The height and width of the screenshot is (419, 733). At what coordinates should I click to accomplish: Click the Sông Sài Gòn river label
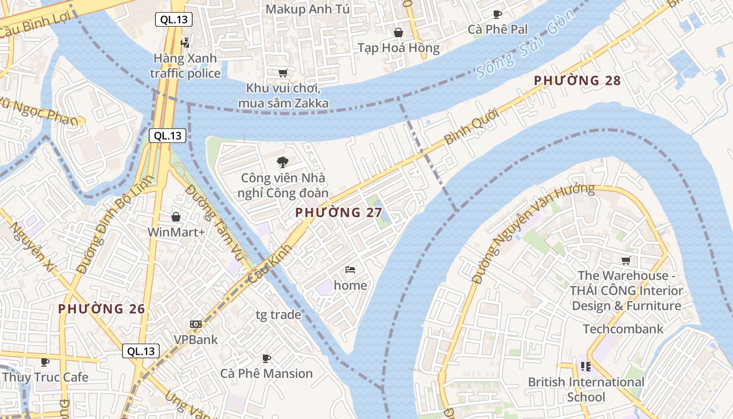click(x=527, y=44)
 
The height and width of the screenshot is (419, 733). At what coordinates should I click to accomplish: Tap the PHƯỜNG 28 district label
click(x=577, y=81)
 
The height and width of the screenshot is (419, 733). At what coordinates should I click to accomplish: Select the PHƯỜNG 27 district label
click(x=335, y=212)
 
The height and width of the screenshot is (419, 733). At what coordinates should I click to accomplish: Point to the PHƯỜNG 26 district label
click(x=102, y=308)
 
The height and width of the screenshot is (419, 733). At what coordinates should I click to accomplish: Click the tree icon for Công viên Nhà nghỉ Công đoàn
click(x=283, y=162)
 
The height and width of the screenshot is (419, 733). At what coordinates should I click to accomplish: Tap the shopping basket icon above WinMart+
click(x=176, y=216)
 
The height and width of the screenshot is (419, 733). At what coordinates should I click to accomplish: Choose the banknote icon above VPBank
click(x=196, y=324)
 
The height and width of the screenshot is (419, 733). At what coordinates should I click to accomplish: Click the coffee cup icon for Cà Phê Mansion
click(x=266, y=358)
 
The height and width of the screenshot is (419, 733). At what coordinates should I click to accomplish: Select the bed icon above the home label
click(x=350, y=270)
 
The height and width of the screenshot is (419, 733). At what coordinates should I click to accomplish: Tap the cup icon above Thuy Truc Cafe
click(x=45, y=362)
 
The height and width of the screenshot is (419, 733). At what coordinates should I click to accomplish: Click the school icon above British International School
click(x=585, y=367)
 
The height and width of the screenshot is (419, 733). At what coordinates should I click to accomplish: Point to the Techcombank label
click(x=623, y=329)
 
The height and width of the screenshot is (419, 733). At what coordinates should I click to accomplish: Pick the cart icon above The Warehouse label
click(x=625, y=260)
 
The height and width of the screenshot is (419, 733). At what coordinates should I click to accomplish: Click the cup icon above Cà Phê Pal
click(x=497, y=14)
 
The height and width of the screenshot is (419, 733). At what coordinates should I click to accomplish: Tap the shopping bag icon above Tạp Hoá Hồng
click(x=398, y=32)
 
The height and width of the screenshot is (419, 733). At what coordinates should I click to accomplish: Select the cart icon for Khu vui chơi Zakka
click(x=283, y=73)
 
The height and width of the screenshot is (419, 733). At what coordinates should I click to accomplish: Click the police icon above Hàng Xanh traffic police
click(x=185, y=42)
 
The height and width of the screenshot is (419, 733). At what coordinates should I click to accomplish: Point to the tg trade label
click(x=278, y=315)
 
